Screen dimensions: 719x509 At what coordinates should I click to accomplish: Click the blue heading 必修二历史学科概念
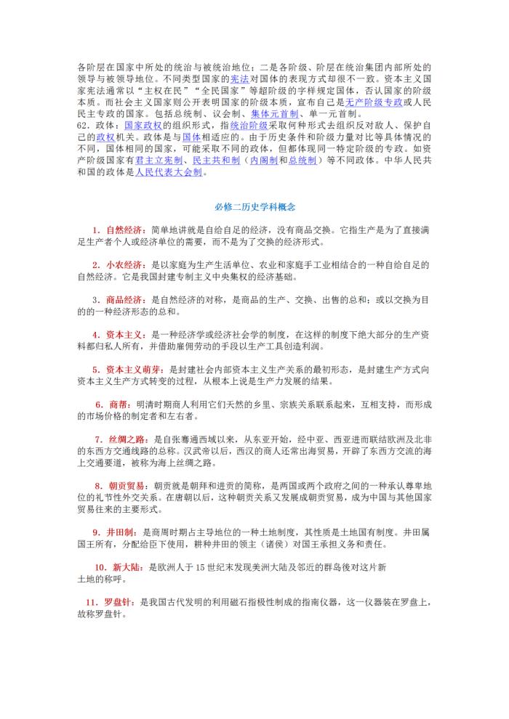254,207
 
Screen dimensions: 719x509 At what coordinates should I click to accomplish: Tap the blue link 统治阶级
240,126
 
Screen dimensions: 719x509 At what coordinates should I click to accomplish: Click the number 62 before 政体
82,126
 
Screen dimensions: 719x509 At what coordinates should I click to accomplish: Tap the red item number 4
95,336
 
